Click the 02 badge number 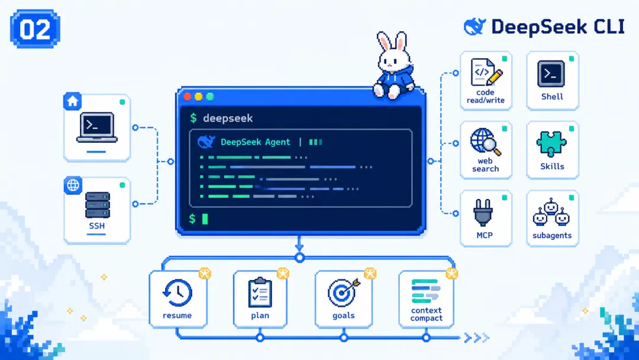(x=35, y=30)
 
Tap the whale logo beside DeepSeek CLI (x=475, y=27)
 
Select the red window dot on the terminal (x=188, y=97)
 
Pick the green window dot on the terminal (x=210, y=97)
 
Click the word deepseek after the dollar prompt (x=228, y=118)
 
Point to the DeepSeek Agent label (x=255, y=142)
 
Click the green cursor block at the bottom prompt (x=205, y=219)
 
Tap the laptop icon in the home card (x=97, y=128)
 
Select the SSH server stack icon (x=98, y=205)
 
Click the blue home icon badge (x=73, y=101)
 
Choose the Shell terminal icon (x=551, y=74)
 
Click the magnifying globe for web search (x=485, y=142)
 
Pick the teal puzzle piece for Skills (x=551, y=143)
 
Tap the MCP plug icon (x=483, y=213)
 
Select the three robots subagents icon (x=551, y=212)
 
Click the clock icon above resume (x=177, y=292)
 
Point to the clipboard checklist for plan (x=260, y=292)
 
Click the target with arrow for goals (x=343, y=292)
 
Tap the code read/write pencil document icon (x=486, y=73)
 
